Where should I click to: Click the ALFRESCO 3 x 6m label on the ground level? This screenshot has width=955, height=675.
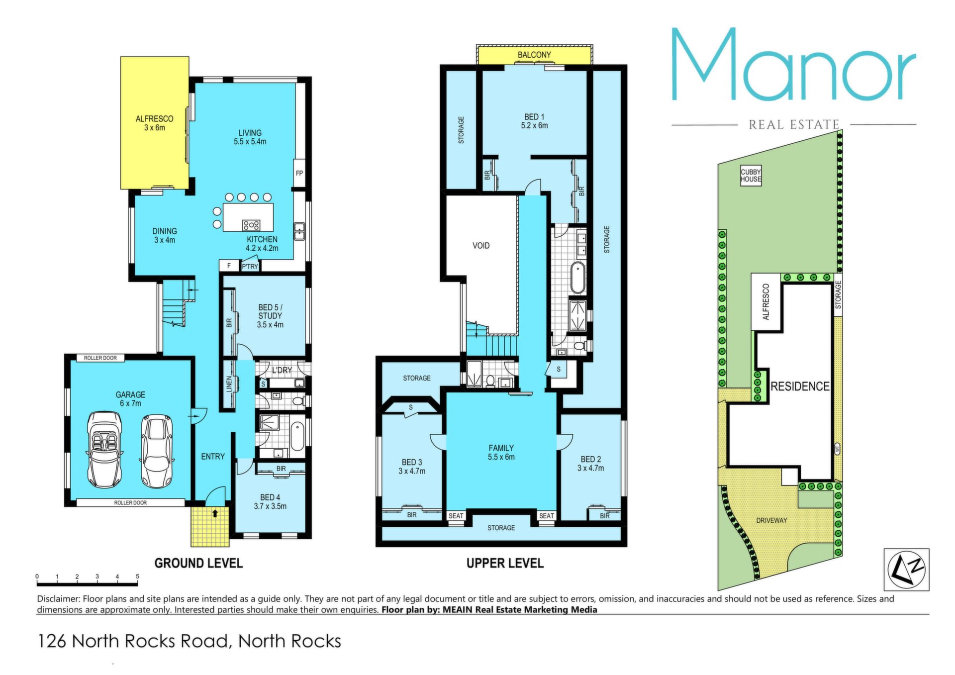[154, 123]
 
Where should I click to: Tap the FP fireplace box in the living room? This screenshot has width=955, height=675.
[299, 173]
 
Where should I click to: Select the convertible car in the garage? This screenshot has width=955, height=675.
[104, 450]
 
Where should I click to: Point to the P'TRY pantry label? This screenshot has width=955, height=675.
[250, 267]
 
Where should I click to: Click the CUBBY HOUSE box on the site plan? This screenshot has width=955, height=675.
[751, 176]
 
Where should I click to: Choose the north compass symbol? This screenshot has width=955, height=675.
[906, 570]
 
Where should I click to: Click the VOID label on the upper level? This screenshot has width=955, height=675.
[481, 246]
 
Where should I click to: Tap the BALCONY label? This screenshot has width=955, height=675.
[534, 55]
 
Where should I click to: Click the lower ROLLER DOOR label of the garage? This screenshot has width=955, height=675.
[130, 503]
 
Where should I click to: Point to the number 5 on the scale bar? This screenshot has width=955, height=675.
[137, 577]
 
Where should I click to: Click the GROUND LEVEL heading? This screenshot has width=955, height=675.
[198, 563]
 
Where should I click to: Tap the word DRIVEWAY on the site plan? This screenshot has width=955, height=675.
[771, 520]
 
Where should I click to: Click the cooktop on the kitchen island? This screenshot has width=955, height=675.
[251, 225]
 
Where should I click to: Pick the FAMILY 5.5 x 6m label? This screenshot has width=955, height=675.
[501, 453]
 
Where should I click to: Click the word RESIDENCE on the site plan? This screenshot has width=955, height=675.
[800, 386]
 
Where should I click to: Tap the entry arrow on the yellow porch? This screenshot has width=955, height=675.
[215, 513]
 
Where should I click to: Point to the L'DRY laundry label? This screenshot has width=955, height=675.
[282, 370]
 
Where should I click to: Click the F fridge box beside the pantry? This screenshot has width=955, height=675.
[229, 266]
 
